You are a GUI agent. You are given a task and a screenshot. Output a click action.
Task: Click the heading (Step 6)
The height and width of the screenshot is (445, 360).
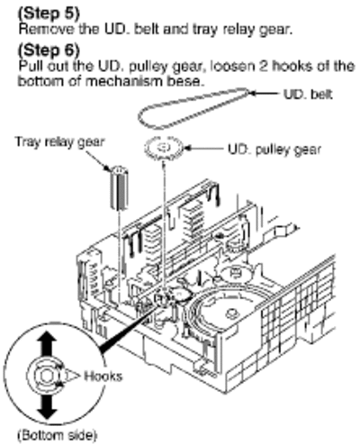pos(49,50)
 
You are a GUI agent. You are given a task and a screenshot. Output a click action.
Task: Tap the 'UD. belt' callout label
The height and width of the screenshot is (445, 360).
pos(308,95)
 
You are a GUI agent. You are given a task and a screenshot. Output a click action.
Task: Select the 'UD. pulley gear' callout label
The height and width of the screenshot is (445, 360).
pos(274,150)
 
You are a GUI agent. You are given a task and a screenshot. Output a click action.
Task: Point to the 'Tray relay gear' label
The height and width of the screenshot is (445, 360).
pos(59,141)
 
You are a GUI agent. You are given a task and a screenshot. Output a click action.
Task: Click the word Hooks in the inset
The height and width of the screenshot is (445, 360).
pos(103,376)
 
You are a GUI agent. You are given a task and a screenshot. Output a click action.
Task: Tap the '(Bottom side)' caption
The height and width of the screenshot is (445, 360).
pos(58,435)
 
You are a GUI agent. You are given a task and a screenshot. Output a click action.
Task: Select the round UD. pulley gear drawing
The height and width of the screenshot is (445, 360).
pos(164,148)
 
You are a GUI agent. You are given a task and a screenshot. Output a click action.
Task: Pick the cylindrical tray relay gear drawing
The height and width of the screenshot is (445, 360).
pos(119,187)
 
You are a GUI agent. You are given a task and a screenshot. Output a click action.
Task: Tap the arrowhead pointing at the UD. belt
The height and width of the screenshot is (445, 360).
pos(253,94)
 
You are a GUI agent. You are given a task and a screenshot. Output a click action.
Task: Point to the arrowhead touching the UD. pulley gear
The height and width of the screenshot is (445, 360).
pos(187,148)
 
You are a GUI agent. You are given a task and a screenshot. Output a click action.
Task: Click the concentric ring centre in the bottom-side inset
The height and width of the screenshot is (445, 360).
pos(46,376)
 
